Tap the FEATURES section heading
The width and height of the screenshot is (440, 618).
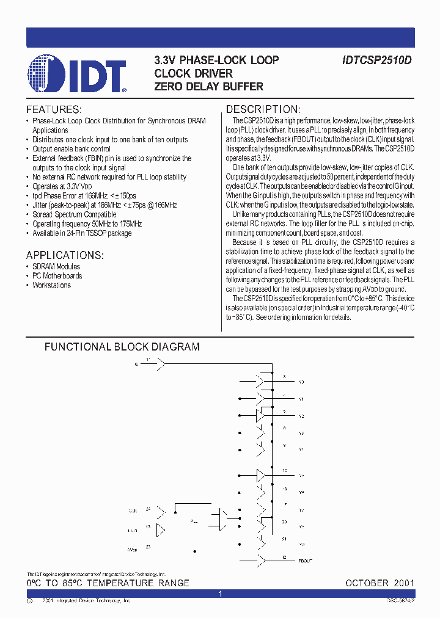coord(54,109)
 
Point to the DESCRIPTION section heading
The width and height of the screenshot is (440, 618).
coord(263,109)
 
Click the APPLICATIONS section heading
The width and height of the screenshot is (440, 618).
coord(65,255)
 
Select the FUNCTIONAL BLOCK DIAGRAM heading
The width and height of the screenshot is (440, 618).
coord(122,347)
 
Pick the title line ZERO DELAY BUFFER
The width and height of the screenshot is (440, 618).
coord(209,87)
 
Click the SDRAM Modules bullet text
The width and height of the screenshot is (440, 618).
coord(56,267)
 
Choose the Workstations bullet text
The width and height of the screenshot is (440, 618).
coord(51,285)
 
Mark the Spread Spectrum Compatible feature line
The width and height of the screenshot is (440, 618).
coord(74,215)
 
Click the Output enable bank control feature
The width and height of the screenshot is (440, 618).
coord(71,149)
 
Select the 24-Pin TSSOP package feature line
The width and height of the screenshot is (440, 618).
coord(82,234)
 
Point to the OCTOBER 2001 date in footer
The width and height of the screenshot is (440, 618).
coord(380,583)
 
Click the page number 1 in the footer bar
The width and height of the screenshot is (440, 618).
coord(220,594)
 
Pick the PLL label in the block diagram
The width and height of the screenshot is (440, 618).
coord(194,522)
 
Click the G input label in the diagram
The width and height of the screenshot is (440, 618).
coord(136,364)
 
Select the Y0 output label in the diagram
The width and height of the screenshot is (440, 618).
coord(301,382)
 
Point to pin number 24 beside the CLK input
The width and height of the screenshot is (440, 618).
coord(147,508)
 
